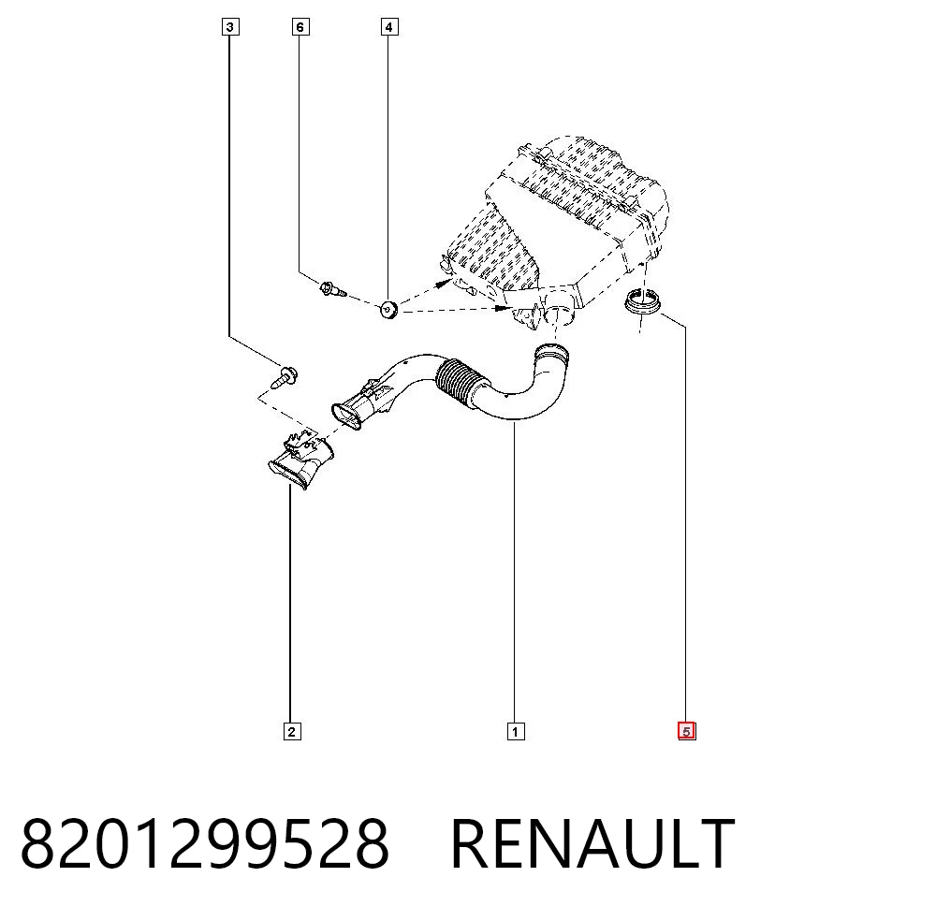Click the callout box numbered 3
[230, 27]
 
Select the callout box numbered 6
[300, 27]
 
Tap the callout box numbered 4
[389, 27]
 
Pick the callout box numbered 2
[292, 731]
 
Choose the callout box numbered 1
[516, 731]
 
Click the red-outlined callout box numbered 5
[686, 731]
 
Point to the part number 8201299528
[205, 843]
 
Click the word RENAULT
[592, 843]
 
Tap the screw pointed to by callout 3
[285, 377]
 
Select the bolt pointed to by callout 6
[334, 290]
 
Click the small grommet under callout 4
[389, 310]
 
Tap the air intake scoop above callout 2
[300, 461]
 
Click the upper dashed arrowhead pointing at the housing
[444, 283]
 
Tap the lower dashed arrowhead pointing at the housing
[503, 309]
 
